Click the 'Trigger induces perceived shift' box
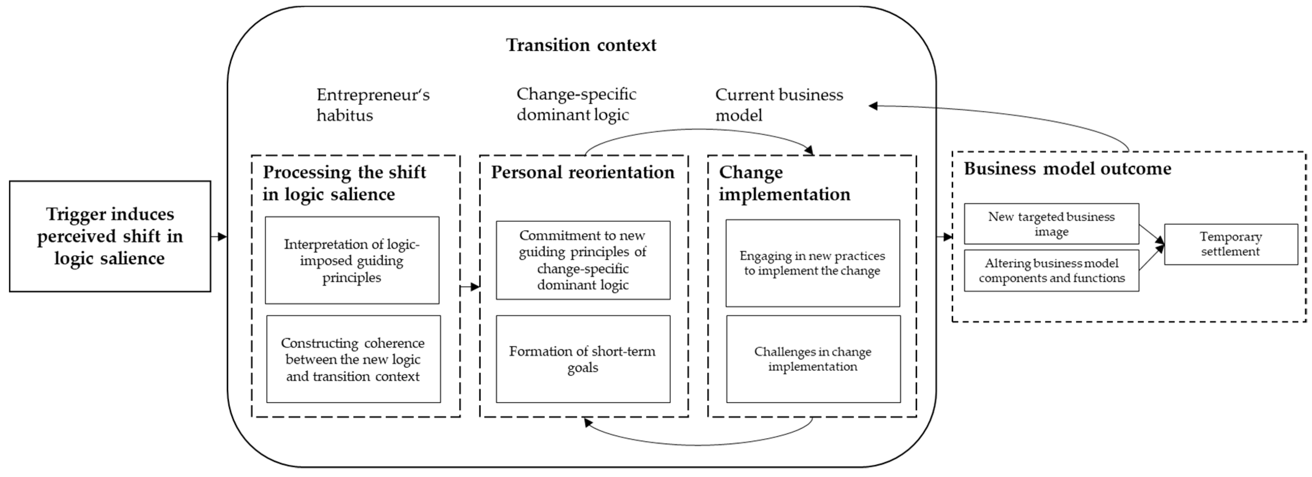(110, 236)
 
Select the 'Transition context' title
(581, 45)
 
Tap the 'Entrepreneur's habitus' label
(373, 105)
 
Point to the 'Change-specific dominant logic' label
(576, 105)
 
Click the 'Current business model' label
(779, 105)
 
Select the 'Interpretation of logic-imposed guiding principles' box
(352, 261)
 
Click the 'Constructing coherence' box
(353, 360)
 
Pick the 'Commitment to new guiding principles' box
(583, 260)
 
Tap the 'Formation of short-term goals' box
(583, 360)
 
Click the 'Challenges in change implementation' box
(813, 360)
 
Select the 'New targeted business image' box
(1051, 224)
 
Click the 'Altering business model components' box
(1051, 270)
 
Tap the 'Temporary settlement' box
(1230, 244)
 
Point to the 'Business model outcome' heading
(1068, 168)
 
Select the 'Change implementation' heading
(784, 183)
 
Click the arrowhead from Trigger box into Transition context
(222, 237)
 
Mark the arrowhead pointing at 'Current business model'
(873, 106)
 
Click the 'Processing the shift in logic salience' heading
(344, 183)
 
